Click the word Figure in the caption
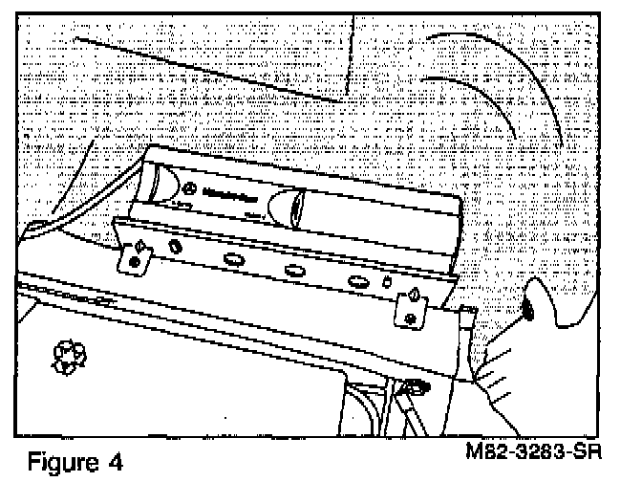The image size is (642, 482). (x=58, y=463)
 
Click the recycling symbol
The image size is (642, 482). (x=68, y=357)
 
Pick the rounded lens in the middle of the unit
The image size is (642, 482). (x=289, y=205)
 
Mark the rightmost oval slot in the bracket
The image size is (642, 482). (x=360, y=281)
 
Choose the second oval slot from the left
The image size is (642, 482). (x=234, y=258)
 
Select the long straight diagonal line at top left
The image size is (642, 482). (x=210, y=69)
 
